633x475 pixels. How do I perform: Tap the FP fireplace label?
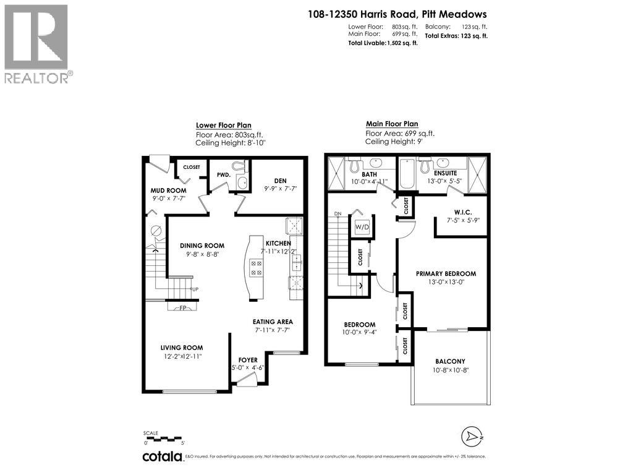click(x=183, y=307)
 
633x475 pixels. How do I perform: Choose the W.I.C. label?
click(x=458, y=211)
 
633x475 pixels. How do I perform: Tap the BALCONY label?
click(x=449, y=361)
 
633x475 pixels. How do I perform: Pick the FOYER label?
click(x=248, y=360)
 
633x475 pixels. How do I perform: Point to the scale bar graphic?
click(x=164, y=439)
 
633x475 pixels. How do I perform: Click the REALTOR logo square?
click(x=36, y=36)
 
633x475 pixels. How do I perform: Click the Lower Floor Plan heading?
click(x=223, y=125)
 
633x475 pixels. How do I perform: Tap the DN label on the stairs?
click(x=338, y=214)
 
